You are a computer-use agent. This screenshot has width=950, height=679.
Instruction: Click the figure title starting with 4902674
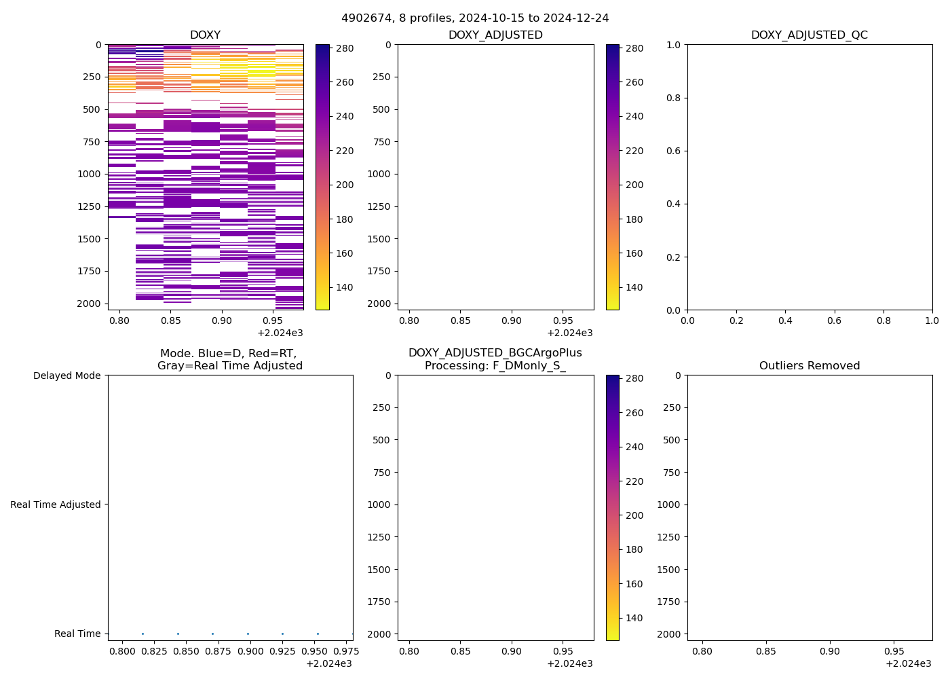pyautogui.click(x=475, y=18)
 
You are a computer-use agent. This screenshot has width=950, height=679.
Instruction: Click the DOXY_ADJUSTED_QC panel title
pyautogui.click(x=809, y=35)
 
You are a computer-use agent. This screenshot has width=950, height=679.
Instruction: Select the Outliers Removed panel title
pyautogui.click(x=809, y=366)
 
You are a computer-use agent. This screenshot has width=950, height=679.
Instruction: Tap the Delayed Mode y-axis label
pyautogui.click(x=66, y=375)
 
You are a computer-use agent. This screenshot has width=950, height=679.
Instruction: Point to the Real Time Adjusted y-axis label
pyautogui.click(x=56, y=504)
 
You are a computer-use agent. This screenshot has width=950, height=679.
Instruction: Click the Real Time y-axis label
pyautogui.click(x=77, y=634)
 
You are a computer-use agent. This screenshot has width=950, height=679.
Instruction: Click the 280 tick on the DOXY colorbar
pyautogui.click(x=345, y=48)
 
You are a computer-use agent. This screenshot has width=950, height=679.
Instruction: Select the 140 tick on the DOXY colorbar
pyautogui.click(x=345, y=287)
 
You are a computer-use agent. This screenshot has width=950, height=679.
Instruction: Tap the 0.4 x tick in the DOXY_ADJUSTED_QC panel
pyautogui.click(x=785, y=320)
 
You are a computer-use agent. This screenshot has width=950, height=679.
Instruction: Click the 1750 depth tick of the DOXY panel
pyautogui.click(x=88, y=271)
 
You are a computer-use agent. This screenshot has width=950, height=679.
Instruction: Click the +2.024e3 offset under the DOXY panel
pyautogui.click(x=280, y=333)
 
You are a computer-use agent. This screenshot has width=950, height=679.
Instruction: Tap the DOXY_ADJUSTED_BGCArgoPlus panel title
pyautogui.click(x=495, y=359)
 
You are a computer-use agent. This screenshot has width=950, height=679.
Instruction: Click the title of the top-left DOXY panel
pyautogui.click(x=205, y=35)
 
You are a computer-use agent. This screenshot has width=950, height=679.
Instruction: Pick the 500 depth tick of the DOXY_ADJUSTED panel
pyautogui.click(x=381, y=109)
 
